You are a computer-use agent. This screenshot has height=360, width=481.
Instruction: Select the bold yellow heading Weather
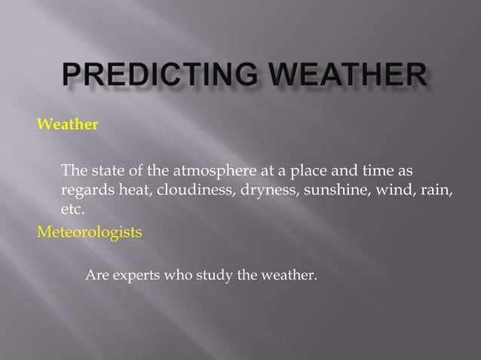click(x=67, y=124)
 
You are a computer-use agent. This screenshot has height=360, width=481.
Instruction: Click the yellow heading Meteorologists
click(x=89, y=232)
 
